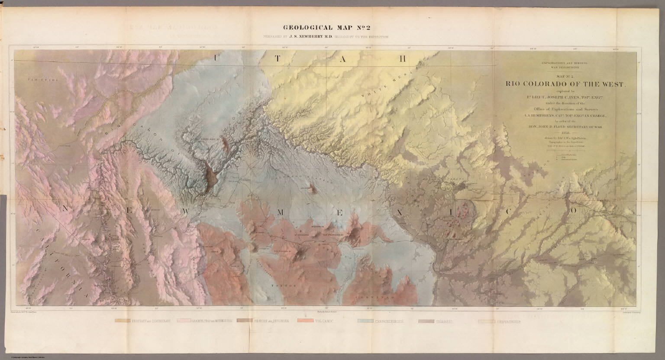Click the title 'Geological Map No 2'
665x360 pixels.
point(326,28)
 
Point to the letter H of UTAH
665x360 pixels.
point(402,58)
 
